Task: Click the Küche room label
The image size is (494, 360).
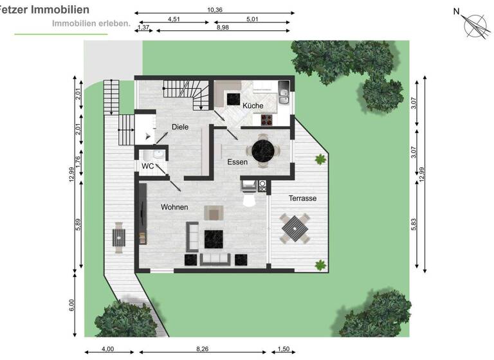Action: coord(253,105)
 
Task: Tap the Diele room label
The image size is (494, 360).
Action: coord(180,127)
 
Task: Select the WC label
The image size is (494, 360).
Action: coord(148,166)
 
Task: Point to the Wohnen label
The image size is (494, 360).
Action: coord(174,207)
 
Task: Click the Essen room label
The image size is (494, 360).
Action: coord(237,163)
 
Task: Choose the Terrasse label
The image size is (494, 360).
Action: coord(302,199)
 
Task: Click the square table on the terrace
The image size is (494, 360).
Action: coord(293,227)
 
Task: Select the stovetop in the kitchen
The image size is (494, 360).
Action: coord(267,118)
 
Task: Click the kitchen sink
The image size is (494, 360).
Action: coord(284,96)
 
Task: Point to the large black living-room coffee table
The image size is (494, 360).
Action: coord(214,239)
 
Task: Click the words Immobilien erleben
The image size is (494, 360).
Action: coord(91,24)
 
